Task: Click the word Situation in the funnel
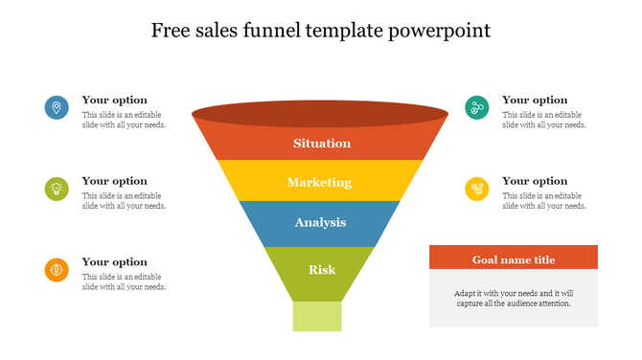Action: [x=322, y=144]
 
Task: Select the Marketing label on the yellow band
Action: [x=319, y=182]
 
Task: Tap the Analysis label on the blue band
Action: [x=320, y=223]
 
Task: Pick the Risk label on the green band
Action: [x=322, y=269]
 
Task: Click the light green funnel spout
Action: [x=317, y=316]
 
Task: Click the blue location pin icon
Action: [x=57, y=107]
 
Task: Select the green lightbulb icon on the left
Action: [x=57, y=189]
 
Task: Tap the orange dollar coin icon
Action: [x=57, y=270]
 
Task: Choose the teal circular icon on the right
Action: [x=477, y=107]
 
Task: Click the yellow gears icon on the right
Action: [x=477, y=189]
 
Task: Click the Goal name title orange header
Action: [x=514, y=259]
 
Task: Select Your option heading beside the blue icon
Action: [x=114, y=100]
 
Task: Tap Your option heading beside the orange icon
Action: [x=114, y=261]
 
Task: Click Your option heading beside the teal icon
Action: [x=535, y=100]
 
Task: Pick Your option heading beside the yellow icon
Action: [x=535, y=181]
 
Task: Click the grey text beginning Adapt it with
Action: [x=514, y=297]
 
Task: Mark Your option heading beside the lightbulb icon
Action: [x=114, y=181]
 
